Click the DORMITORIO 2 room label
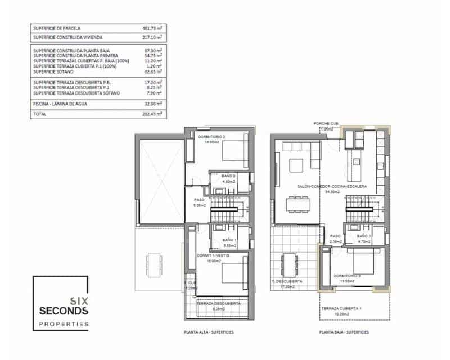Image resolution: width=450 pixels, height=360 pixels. coord(208,137)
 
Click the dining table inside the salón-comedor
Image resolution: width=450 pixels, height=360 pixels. coord(300,204)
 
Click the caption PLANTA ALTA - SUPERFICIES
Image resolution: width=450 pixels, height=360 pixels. coord(209,332)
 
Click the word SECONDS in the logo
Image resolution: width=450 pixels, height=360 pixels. coord(64,310)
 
